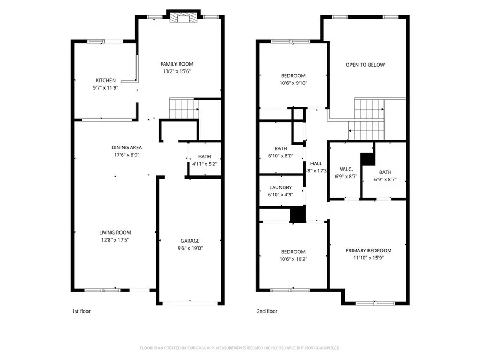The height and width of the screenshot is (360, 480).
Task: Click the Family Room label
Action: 177,64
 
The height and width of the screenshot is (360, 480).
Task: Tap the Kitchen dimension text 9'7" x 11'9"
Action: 106,87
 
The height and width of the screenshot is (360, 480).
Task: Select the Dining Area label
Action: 126,147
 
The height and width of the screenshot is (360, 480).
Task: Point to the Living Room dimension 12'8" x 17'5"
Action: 115,239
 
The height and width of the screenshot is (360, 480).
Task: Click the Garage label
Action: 189,241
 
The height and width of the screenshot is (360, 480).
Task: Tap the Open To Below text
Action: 365,65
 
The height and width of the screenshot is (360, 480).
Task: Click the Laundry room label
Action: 281,187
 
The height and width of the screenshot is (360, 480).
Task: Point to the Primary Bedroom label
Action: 369,251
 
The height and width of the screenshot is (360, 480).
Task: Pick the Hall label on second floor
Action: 316,164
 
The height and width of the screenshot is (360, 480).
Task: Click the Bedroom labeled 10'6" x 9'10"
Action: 293,76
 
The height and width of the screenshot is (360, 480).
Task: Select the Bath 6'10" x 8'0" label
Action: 281,148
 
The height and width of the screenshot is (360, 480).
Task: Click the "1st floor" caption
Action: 81,311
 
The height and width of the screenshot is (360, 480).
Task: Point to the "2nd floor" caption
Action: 267,311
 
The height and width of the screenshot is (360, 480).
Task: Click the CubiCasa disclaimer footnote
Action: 240,348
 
